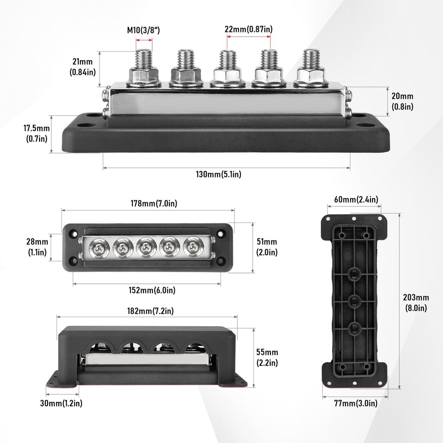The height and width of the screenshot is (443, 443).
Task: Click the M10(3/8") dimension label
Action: pos(144,30)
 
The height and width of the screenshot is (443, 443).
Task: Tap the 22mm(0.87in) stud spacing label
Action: pos(249,29)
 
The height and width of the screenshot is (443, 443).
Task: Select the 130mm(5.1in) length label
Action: pos(218,174)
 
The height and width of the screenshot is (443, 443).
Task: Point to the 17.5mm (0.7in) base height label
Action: pos(36,134)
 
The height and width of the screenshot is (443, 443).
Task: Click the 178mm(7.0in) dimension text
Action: pos(154,203)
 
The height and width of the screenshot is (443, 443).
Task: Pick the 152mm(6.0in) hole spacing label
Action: pos(152,290)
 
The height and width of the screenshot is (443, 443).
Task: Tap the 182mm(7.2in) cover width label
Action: pos(150,311)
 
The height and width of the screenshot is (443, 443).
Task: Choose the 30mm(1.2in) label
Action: pos(61,403)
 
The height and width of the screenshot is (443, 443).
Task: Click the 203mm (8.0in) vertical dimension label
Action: pos(416,302)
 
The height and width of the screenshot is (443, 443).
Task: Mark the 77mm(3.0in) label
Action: pos(356,403)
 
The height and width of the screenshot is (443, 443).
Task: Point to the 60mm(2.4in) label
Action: pos(356,199)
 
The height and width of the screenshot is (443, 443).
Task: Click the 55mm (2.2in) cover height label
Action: pos(267,357)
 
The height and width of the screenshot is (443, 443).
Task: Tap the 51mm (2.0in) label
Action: pos(267,247)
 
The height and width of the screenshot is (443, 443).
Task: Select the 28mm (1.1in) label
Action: pos(37,247)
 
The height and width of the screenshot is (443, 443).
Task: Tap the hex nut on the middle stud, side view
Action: pos(228,76)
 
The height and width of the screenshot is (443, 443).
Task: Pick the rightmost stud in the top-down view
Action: pos(193,248)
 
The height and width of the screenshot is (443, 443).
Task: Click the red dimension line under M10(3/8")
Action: pos(144,40)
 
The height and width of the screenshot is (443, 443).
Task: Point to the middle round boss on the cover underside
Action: pos(353,302)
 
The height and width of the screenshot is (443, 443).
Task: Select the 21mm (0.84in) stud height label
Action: pos(83,67)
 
